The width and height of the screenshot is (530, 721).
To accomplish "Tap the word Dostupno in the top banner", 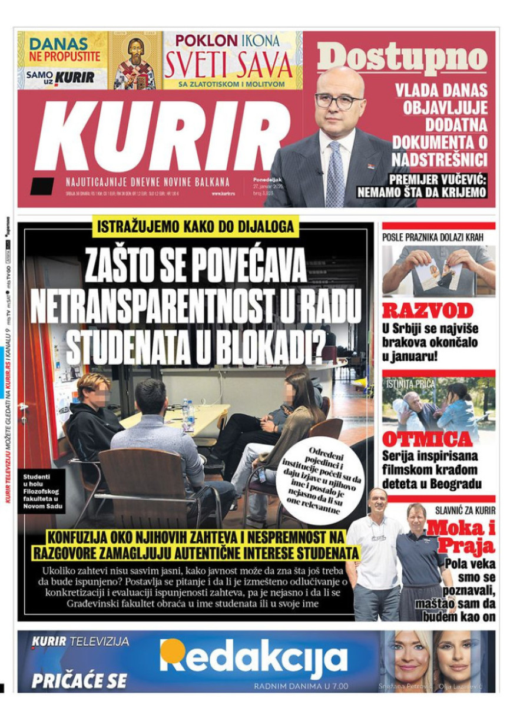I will (402, 58).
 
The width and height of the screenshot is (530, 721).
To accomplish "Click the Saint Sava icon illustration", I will (135, 61).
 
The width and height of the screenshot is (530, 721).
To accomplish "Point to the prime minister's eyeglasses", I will (339, 101).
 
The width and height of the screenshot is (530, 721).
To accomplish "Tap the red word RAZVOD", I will (428, 311).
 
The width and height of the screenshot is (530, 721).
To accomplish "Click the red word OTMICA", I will (428, 439).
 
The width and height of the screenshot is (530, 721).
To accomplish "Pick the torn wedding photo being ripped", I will (439, 274).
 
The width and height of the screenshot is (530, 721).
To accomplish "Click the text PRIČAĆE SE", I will (79, 680).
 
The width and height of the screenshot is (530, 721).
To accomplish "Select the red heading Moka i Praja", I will (461, 535).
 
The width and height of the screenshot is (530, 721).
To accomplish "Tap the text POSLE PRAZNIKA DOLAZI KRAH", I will (433, 237).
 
